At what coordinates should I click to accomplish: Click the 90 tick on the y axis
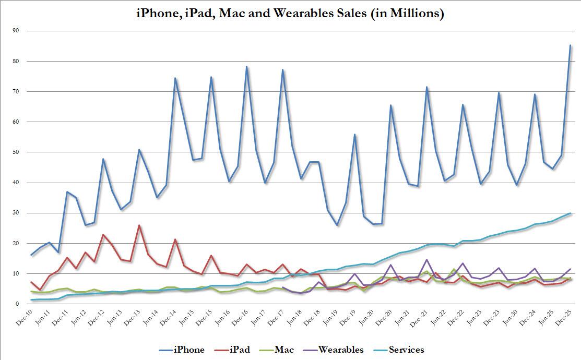pyautogui.click(x=16, y=31)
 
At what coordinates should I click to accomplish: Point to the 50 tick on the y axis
pyautogui.click(x=16, y=152)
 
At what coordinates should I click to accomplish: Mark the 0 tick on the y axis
pyautogui.click(x=17, y=304)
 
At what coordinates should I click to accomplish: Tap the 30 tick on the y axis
pyautogui.click(x=16, y=213)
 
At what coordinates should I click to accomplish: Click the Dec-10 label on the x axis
pyautogui.click(x=23, y=318)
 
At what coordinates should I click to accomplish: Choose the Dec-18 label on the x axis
pyautogui.click(x=311, y=318)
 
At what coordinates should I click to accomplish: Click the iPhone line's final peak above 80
pyautogui.click(x=570, y=45)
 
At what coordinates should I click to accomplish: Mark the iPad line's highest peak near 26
pyautogui.click(x=138, y=225)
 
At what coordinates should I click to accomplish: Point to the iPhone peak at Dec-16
pyautogui.click(x=246, y=67)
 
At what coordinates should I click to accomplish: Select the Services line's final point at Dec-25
pyautogui.click(x=570, y=213)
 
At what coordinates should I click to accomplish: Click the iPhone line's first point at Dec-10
pyautogui.click(x=31, y=255)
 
